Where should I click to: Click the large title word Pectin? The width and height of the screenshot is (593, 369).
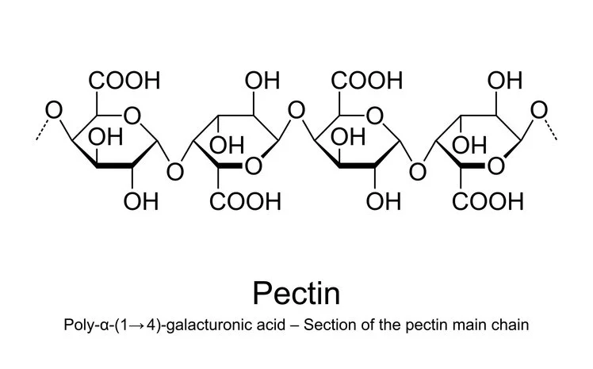pos(296,292)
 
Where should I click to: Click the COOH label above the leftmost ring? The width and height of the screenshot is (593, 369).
pos(124,80)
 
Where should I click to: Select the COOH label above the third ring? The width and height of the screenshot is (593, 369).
pos(368,80)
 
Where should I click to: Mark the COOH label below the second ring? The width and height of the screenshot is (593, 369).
pos(246,201)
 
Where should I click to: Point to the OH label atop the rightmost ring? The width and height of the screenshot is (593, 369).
pos(505,80)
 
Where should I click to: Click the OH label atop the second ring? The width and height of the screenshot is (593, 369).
pos(262,80)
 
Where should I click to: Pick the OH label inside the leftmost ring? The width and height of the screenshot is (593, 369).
pos(105,141)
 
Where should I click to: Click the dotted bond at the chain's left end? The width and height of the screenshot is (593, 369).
pos(42,131)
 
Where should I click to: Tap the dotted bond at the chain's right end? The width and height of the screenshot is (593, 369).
pos(552,131)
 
